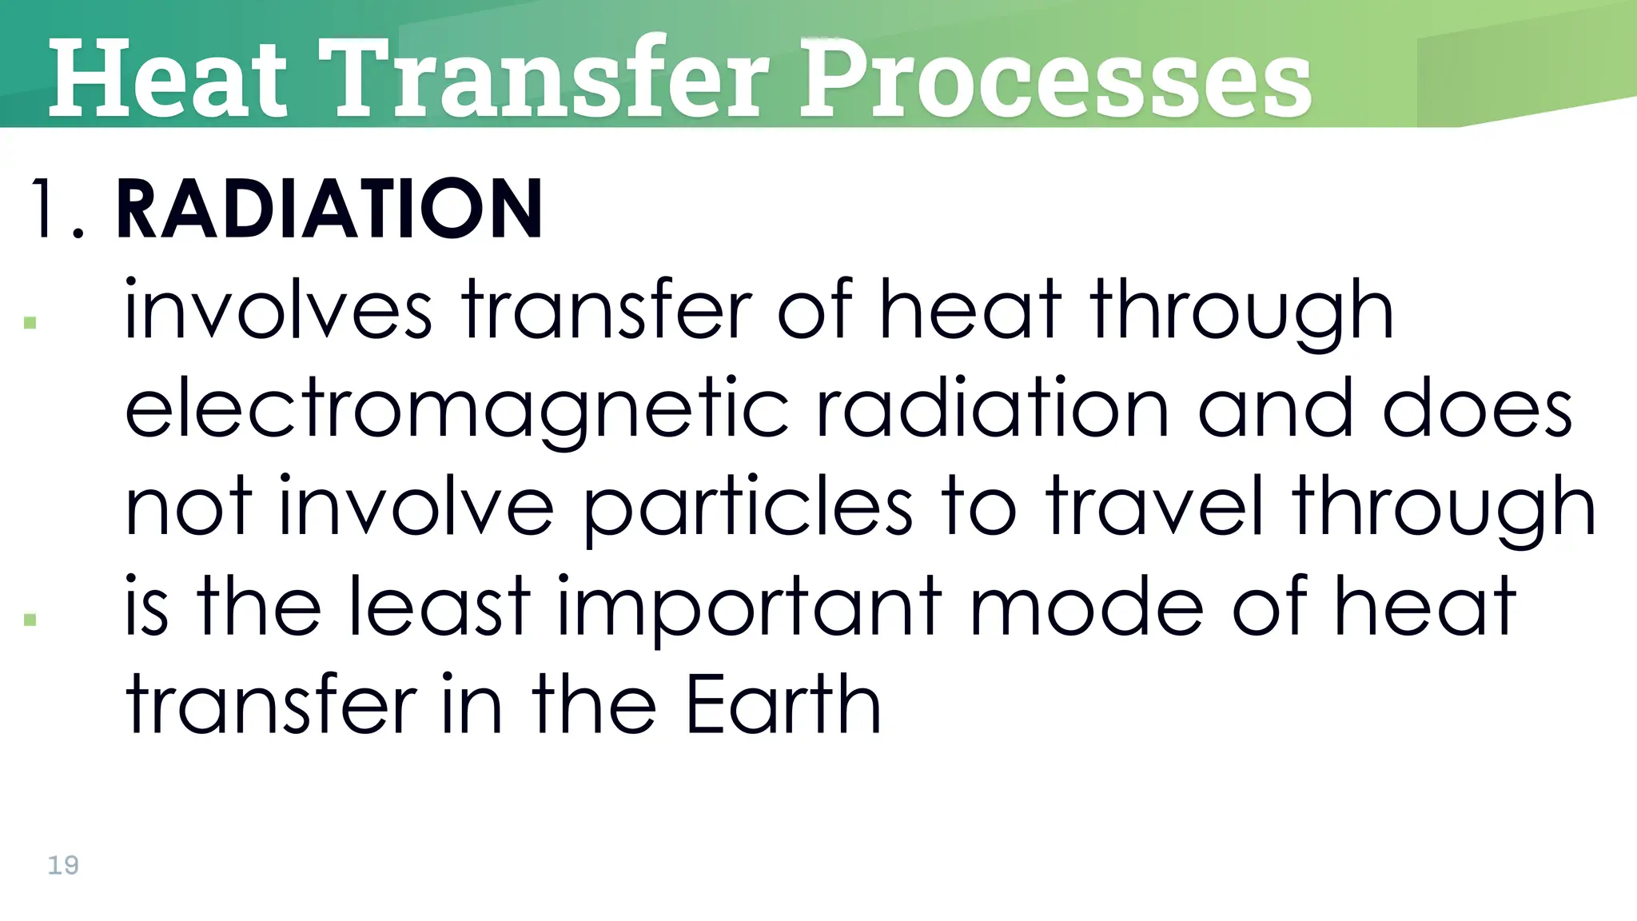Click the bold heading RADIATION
point(329,209)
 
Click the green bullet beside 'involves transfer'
point(30,323)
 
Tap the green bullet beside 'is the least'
point(30,620)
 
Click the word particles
point(748,508)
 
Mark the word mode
point(1086,606)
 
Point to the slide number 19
point(63,865)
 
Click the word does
point(1477,409)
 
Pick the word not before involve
point(189,508)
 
